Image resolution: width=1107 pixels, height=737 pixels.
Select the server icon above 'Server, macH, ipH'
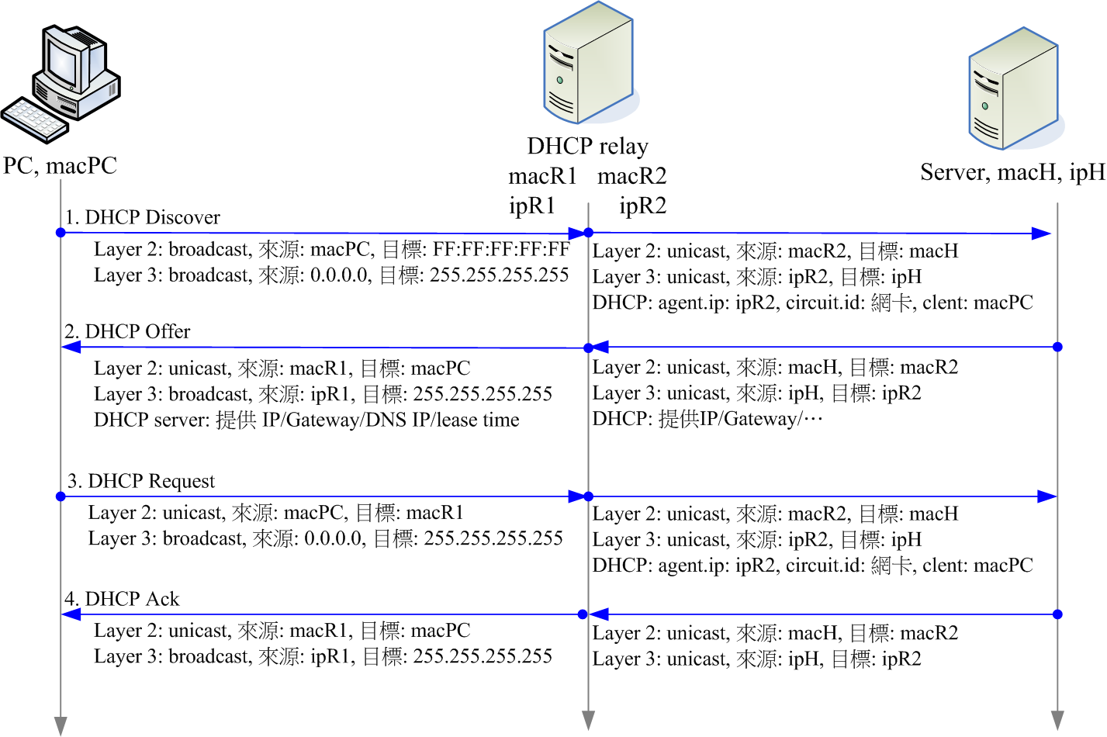click(x=1014, y=89)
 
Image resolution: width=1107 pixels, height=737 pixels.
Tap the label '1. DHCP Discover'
click(x=142, y=217)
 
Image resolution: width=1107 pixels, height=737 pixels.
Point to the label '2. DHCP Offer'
click(x=127, y=331)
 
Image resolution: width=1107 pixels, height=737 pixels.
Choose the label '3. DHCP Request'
click(x=140, y=481)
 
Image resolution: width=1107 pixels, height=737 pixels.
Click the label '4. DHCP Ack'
click(x=122, y=599)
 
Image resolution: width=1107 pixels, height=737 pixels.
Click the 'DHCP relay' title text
click(x=587, y=146)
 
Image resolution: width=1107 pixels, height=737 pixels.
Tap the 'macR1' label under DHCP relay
click(x=542, y=176)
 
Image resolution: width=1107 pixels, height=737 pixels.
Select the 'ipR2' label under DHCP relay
click(x=642, y=206)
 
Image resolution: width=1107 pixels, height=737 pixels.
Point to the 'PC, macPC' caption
click(x=60, y=165)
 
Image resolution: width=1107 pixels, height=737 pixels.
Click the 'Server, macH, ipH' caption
click(x=1012, y=172)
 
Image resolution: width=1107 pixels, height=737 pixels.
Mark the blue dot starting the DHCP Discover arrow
click(x=61, y=233)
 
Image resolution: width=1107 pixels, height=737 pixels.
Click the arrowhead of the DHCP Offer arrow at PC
click(x=71, y=347)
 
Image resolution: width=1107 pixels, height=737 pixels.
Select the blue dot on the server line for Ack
click(x=1057, y=614)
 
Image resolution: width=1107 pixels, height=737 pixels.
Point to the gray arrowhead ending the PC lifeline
click(x=61, y=725)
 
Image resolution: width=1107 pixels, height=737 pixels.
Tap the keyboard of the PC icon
click(x=35, y=120)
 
